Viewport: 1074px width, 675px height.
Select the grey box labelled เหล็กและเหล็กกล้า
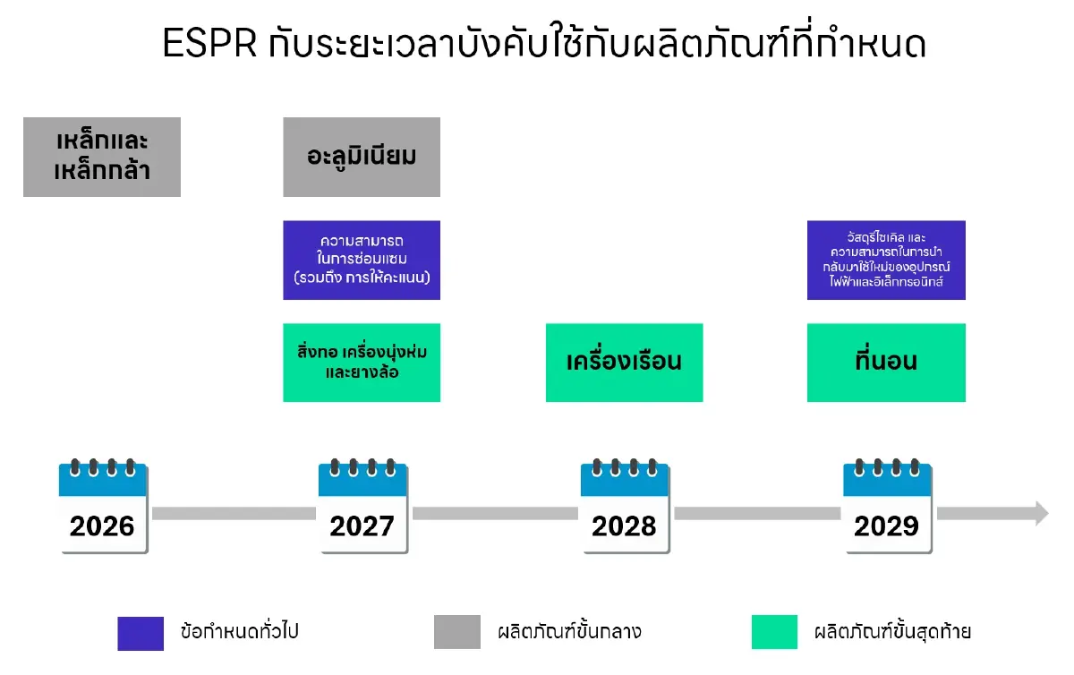[102, 157]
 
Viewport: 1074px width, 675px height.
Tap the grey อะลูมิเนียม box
[362, 157]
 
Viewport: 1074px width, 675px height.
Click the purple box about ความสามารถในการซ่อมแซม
[362, 260]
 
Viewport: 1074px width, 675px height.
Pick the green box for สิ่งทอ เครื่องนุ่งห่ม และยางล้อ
[362, 362]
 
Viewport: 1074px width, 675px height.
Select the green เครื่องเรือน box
[624, 362]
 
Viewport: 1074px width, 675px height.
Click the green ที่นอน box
[886, 362]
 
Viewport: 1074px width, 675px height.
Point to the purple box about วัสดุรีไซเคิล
[886, 260]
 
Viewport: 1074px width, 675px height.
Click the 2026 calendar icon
[102, 508]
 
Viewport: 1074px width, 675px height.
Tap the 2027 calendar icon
[362, 508]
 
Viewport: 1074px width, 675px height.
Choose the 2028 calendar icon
[624, 508]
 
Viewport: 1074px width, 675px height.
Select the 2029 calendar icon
[887, 508]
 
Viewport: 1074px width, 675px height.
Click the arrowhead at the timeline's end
[1040, 513]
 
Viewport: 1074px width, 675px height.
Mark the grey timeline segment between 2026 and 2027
[234, 514]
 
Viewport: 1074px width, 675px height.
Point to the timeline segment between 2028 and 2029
[756, 514]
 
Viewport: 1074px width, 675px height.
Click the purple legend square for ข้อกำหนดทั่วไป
[141, 632]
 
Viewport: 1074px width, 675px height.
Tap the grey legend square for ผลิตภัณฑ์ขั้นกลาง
[456, 632]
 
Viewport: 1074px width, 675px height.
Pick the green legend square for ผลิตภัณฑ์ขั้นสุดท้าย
[774, 632]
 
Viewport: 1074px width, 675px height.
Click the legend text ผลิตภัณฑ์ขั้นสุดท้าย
[892, 632]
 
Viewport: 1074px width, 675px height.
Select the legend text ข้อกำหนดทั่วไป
[239, 632]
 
